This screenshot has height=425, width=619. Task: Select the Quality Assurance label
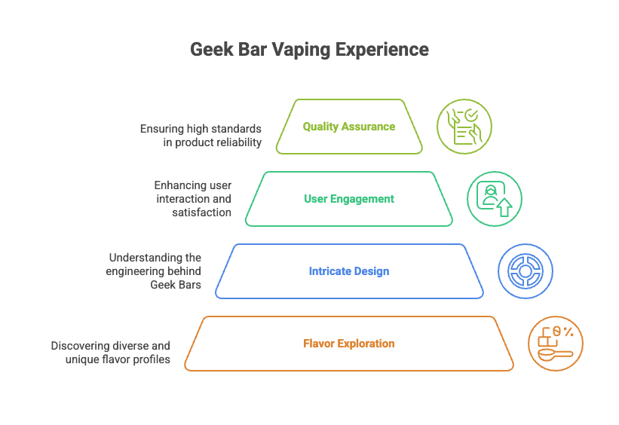pos(349,127)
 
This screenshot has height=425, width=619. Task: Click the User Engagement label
pos(349,199)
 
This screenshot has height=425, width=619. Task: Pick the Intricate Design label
pos(349,271)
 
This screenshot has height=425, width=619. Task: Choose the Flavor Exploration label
pos(349,344)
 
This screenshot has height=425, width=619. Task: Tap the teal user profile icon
pos(494,199)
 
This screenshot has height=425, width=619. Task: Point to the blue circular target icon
pos(526,271)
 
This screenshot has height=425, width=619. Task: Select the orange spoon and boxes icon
pos(556,344)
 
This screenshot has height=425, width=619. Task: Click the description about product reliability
pos(201,135)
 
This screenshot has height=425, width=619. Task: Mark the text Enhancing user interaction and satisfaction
pos(193,199)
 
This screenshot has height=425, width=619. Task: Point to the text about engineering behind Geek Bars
pos(154,271)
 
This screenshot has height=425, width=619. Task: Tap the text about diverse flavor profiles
pos(111,352)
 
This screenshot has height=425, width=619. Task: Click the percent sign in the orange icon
pos(568,332)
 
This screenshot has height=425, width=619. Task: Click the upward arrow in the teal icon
pos(504,208)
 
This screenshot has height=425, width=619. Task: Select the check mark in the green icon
pos(470,115)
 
